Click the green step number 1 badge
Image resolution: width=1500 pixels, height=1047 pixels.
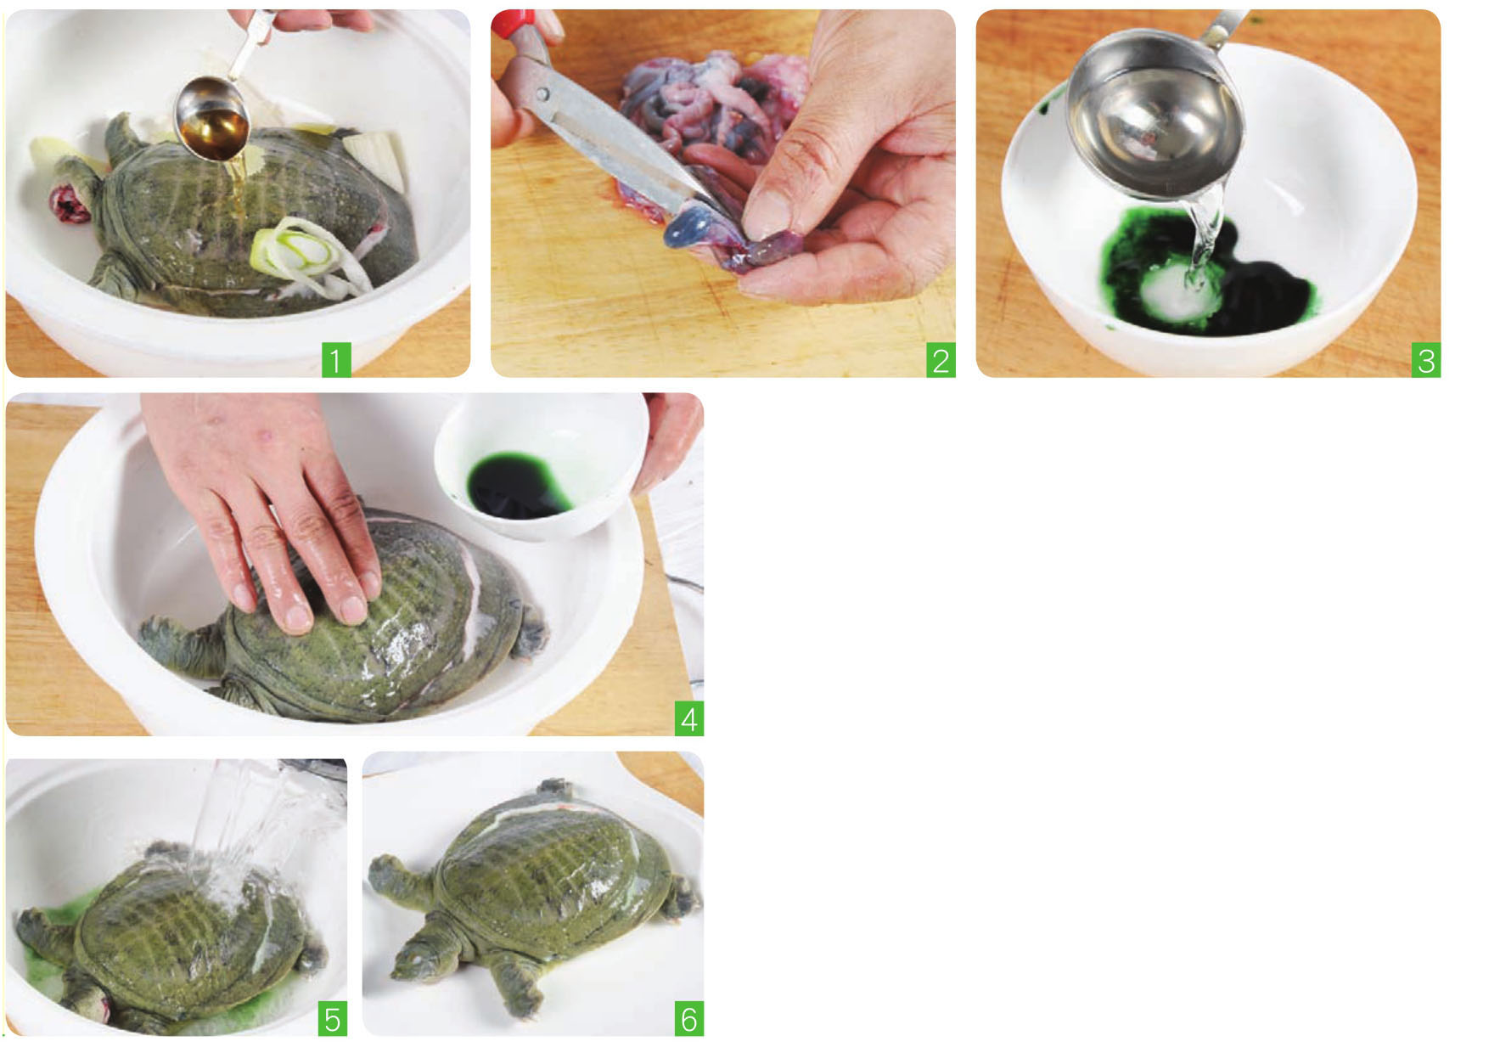[x=335, y=360]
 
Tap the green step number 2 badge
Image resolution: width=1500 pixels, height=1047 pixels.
[x=941, y=360]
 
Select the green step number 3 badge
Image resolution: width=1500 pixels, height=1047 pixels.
[x=1426, y=360]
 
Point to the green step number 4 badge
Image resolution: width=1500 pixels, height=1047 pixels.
[x=689, y=719]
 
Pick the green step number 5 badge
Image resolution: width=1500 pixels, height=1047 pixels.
[x=333, y=1018]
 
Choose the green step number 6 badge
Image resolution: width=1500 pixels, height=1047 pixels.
[x=689, y=1018]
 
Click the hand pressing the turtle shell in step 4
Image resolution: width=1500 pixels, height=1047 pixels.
[x=272, y=501]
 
